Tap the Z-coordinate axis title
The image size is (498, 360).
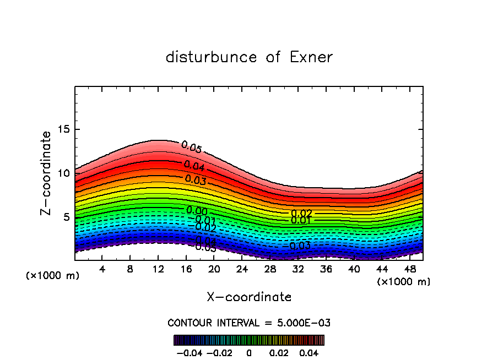(x=46, y=173)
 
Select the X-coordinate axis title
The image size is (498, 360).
(x=249, y=297)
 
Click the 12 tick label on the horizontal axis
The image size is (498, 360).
(x=158, y=269)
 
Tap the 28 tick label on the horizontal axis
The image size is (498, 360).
(x=270, y=269)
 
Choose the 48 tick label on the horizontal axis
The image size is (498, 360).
(x=410, y=269)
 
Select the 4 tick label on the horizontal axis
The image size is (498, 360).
(x=102, y=269)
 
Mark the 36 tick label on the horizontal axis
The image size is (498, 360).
(x=326, y=269)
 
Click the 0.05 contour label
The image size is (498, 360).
(x=192, y=147)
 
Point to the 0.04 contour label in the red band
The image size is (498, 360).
(x=194, y=166)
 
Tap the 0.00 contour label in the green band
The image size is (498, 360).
(x=197, y=211)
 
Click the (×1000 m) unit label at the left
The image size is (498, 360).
(x=53, y=276)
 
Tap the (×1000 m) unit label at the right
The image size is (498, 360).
(x=404, y=282)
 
